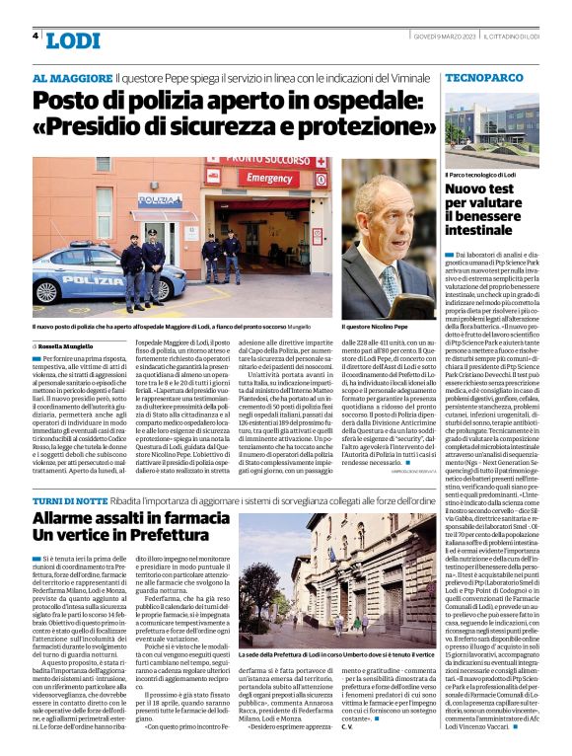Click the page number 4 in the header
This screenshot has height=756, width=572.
36,36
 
